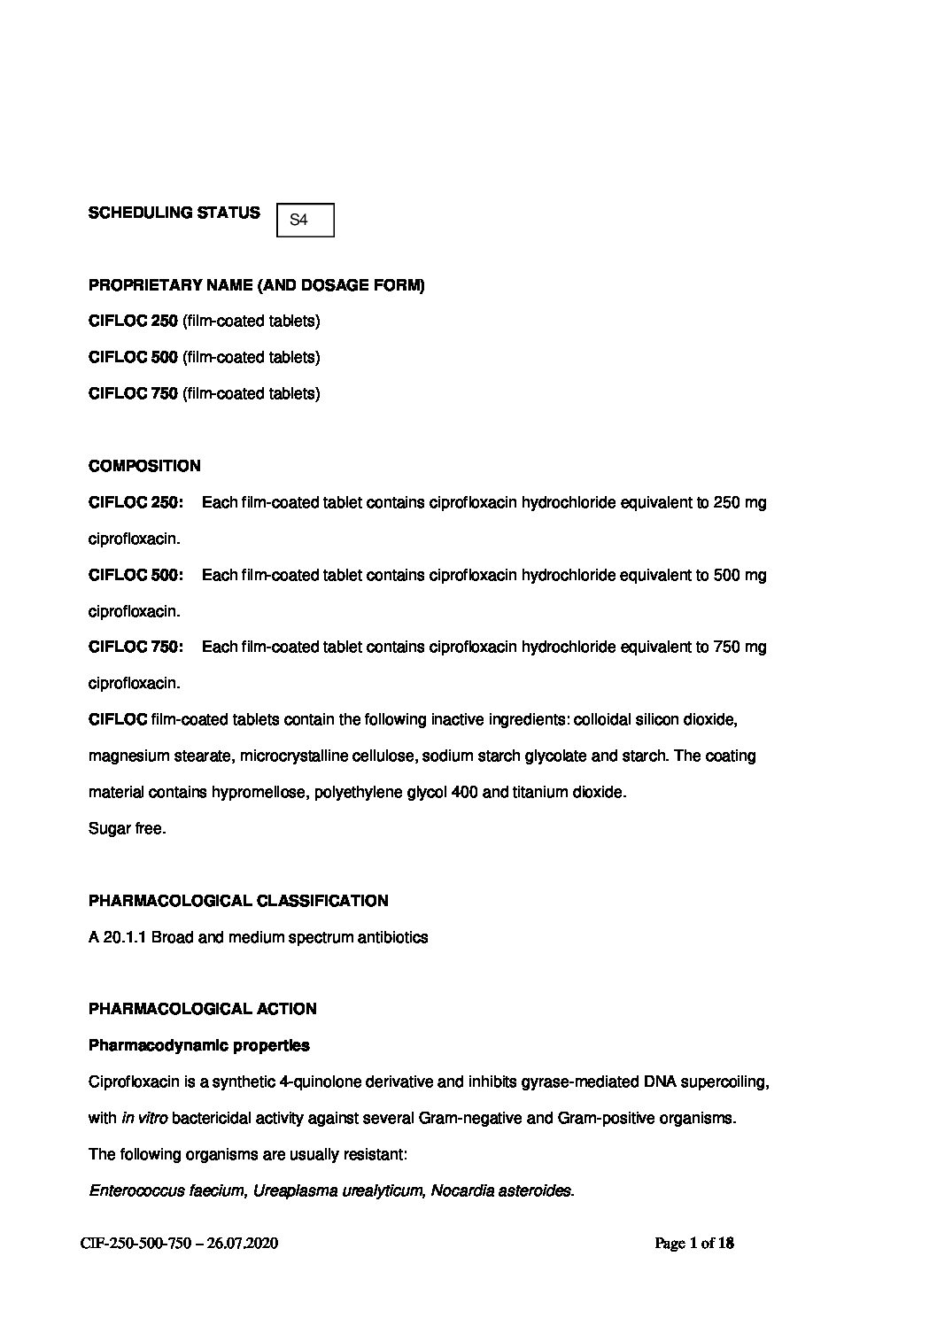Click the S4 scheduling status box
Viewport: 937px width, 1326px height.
306,220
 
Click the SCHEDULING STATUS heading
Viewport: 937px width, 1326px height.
174,213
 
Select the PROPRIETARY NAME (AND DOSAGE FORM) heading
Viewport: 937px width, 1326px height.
256,285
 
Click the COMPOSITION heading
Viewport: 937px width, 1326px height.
144,466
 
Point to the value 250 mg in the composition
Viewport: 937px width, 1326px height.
740,503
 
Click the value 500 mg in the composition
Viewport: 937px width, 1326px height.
740,576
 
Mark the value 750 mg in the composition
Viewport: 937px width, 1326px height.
740,647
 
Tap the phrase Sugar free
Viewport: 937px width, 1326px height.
127,829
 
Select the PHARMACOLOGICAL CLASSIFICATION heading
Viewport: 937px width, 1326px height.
237,901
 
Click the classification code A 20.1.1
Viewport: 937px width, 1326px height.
117,937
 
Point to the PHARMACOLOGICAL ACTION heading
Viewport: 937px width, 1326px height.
202,1009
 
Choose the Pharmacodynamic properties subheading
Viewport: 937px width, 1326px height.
199,1045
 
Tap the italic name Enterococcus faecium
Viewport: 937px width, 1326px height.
166,1190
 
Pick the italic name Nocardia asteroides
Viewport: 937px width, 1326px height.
501,1190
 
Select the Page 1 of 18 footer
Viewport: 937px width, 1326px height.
694,1244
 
